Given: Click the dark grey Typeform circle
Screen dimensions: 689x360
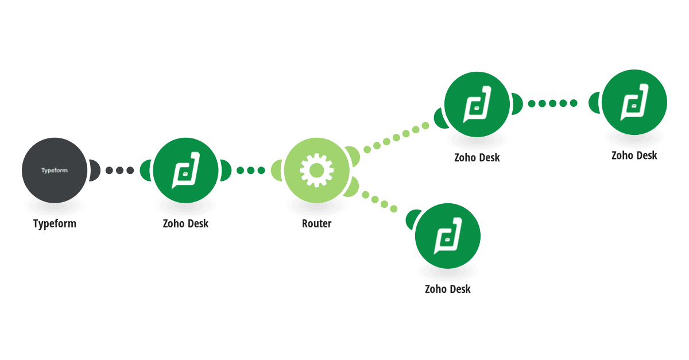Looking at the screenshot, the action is tap(55, 170).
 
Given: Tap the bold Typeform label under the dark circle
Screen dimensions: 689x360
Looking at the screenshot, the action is tap(55, 224).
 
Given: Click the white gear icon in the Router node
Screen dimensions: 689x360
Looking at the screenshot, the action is tap(316, 170).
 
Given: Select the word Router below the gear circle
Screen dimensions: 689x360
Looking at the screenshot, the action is tap(316, 224).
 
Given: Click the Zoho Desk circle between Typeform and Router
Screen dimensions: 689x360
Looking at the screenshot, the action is tap(185, 170).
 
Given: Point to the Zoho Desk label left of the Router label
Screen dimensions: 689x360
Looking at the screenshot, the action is tap(185, 224).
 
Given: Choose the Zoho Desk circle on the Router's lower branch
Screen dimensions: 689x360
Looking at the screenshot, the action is tap(447, 236).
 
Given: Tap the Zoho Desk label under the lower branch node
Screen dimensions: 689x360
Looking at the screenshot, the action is tap(447, 289).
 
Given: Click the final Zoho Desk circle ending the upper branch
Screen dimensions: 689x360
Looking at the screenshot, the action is tap(634, 102).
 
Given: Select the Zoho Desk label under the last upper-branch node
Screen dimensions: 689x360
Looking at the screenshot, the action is tap(634, 156).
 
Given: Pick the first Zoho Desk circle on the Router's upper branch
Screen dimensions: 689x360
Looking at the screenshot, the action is tap(477, 104).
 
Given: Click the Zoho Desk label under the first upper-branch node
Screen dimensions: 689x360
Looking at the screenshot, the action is tap(477, 158).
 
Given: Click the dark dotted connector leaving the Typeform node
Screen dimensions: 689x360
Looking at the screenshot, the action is tap(119, 170).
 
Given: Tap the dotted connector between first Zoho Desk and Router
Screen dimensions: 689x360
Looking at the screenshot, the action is tap(251, 170).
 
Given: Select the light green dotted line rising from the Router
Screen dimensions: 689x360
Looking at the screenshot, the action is tap(396, 138).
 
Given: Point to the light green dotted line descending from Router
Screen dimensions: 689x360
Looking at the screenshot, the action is tap(380, 202).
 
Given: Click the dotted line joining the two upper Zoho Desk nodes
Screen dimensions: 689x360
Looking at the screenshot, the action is tap(552, 103).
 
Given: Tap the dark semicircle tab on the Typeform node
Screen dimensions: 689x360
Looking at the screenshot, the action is tap(94, 170).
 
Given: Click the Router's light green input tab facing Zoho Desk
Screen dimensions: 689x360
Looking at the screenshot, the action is tap(277, 170).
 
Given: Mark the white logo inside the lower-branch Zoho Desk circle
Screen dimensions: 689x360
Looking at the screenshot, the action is tap(447, 236).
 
